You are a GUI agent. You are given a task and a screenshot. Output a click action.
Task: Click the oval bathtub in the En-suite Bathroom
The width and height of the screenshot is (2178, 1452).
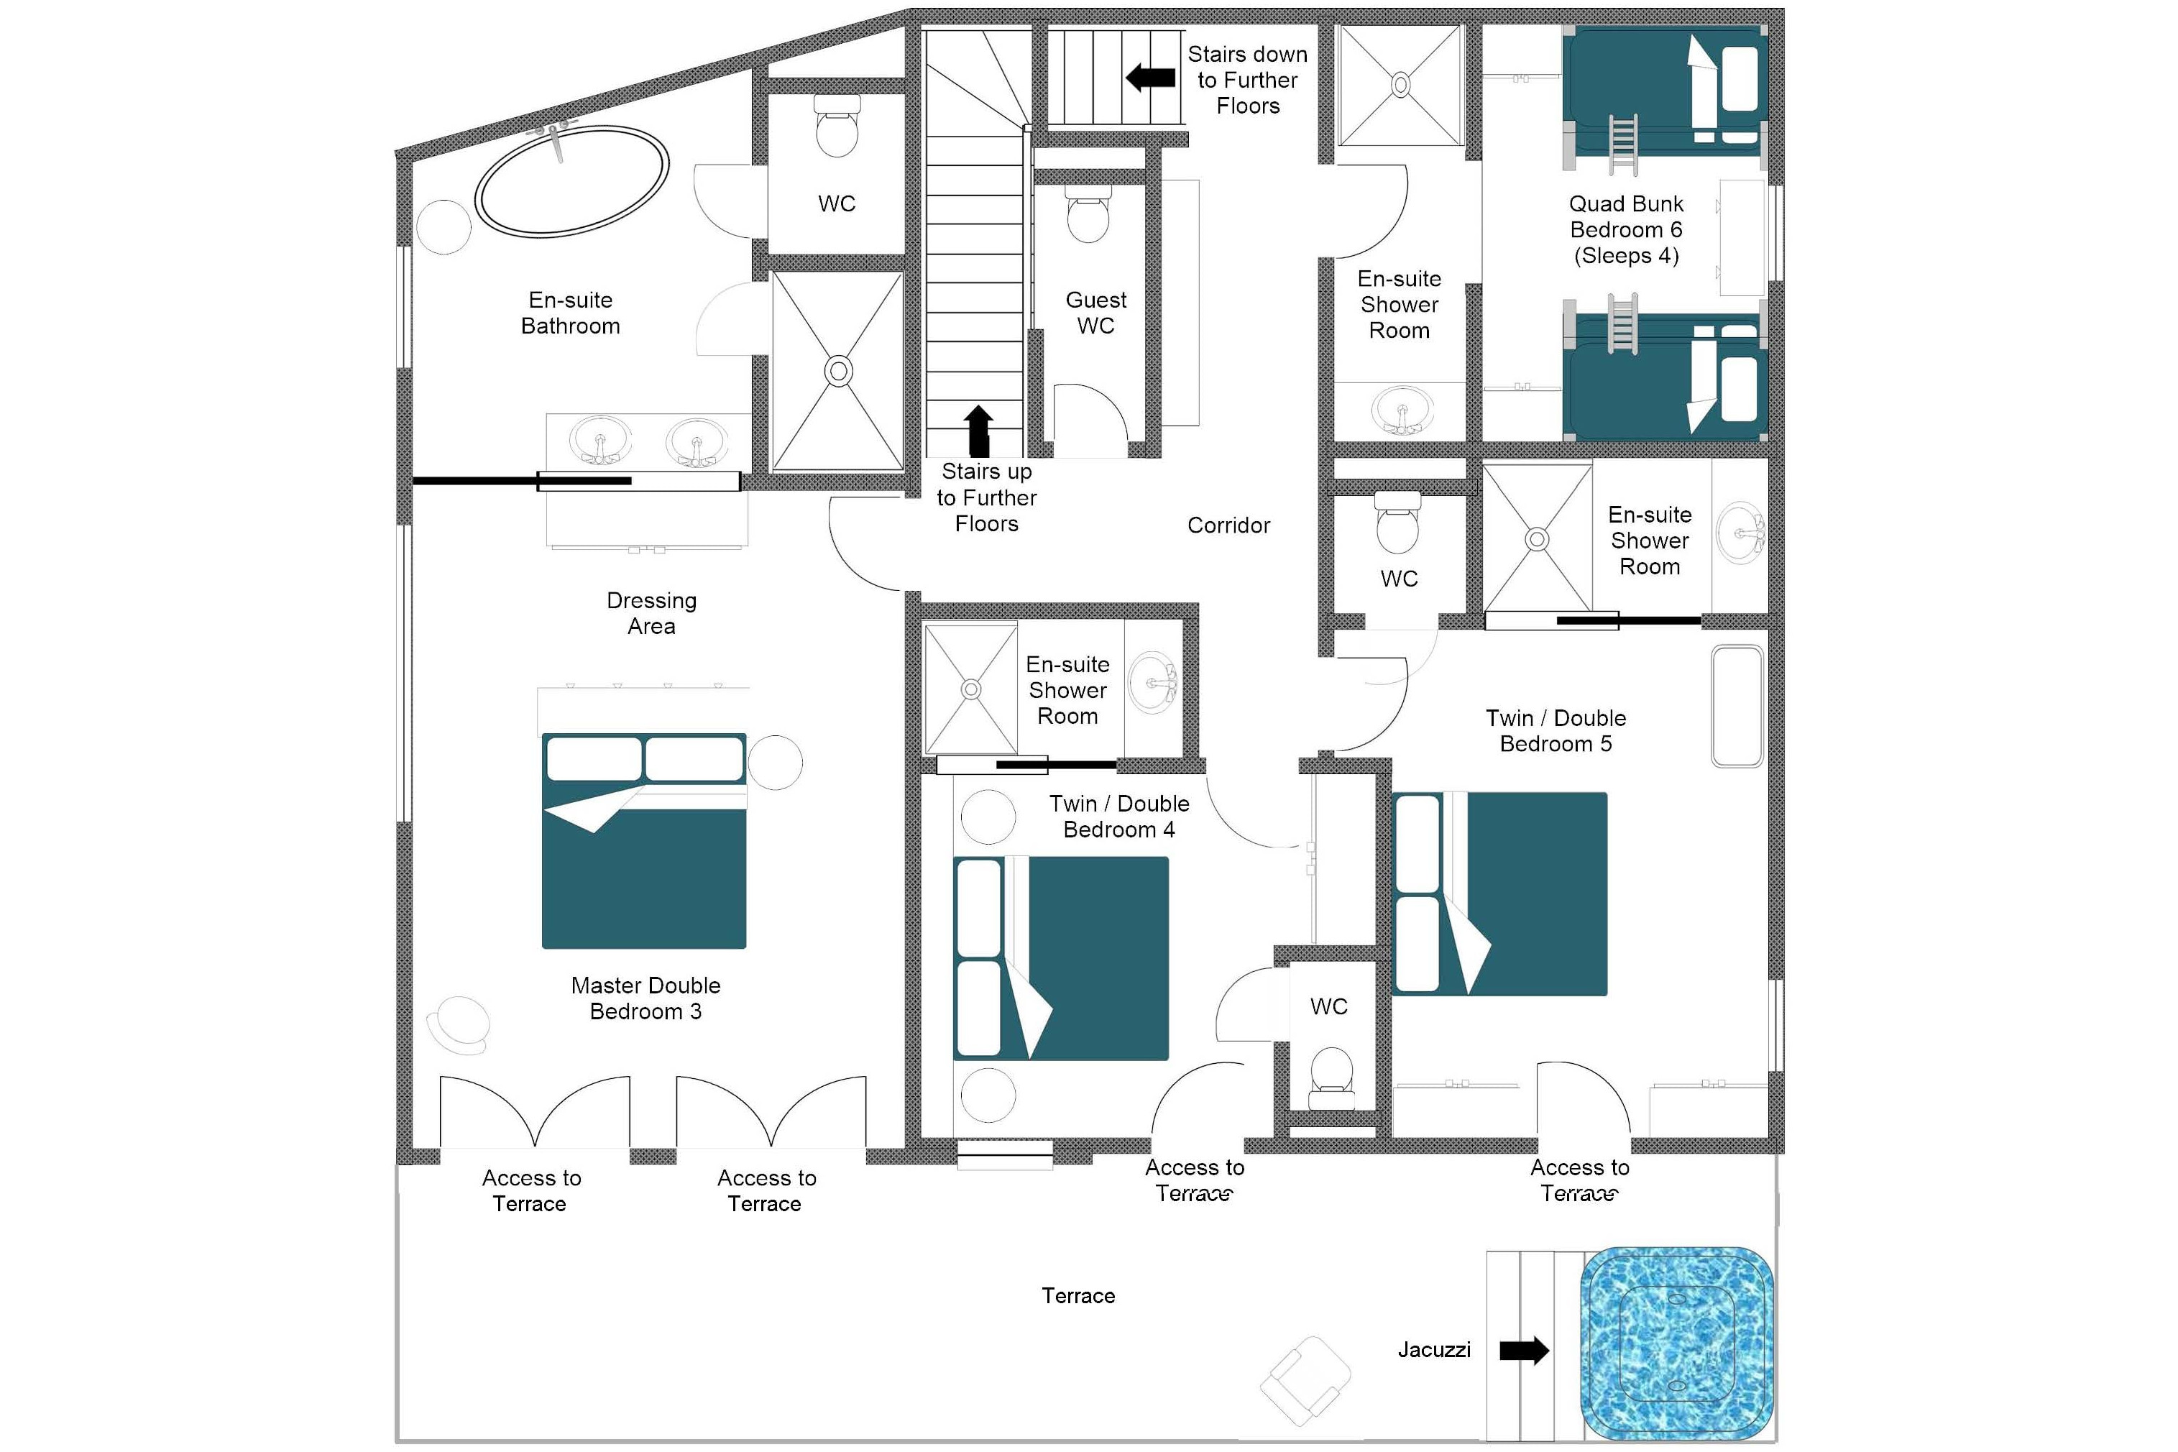click(571, 180)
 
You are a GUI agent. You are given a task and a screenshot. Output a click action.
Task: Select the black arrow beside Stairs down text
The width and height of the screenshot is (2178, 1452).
click(1150, 78)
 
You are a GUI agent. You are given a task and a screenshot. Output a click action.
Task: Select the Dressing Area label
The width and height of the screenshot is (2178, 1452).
click(651, 613)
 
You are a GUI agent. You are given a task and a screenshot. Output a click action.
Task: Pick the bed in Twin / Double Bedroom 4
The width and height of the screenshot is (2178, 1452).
click(1061, 957)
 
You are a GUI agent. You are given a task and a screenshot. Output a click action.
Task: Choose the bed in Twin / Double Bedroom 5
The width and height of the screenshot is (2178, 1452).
click(1499, 893)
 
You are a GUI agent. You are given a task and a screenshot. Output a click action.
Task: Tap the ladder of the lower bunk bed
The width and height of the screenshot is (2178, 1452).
click(1622, 323)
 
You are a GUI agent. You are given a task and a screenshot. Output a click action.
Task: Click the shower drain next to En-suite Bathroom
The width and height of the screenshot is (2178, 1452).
click(838, 372)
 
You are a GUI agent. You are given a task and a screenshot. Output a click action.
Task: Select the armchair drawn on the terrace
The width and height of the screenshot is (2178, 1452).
click(1305, 1381)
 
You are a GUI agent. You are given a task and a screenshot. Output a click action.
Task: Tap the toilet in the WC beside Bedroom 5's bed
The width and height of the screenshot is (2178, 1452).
click(1332, 1074)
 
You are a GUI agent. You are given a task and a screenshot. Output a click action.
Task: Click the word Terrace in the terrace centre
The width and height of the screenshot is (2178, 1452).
click(1078, 1295)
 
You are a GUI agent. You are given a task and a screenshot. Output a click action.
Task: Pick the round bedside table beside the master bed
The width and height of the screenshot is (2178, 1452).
click(774, 762)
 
